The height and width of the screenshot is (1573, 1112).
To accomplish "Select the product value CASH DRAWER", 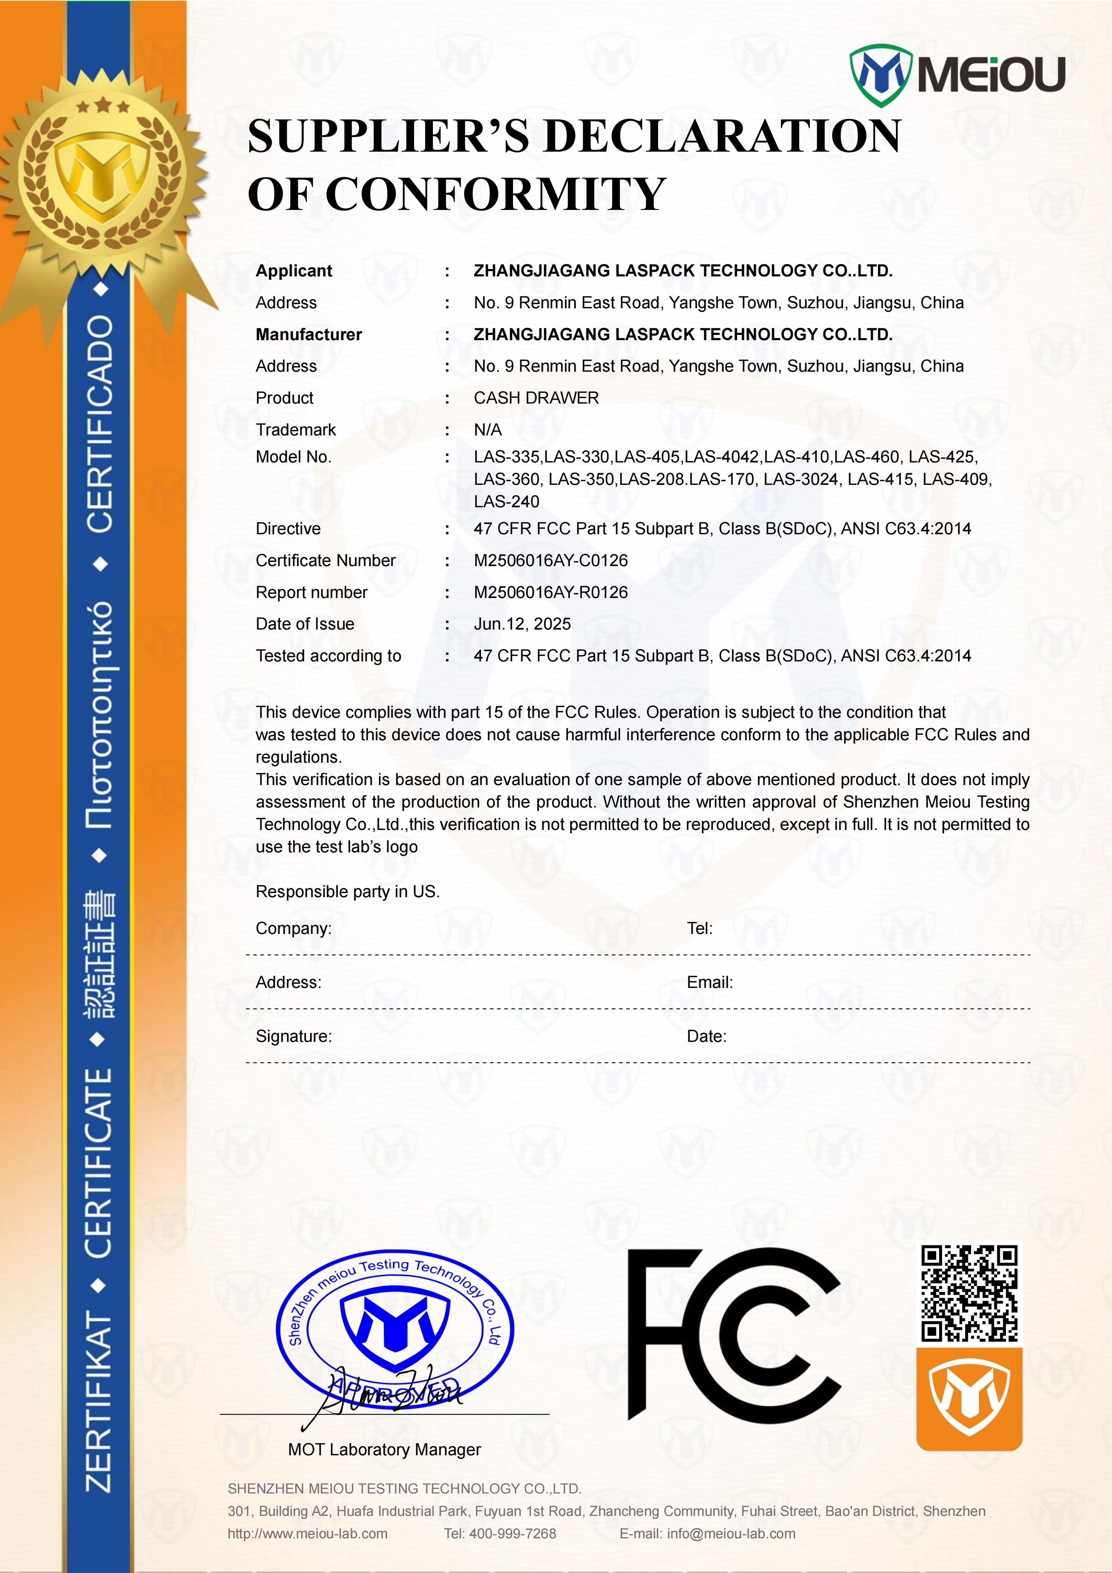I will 536,398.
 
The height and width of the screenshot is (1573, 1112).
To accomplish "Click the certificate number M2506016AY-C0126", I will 551,561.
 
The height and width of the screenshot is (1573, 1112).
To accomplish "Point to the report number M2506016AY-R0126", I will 551,593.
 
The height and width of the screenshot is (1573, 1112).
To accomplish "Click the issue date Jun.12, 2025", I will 522,624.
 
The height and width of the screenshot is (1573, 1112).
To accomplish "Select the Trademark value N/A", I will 488,430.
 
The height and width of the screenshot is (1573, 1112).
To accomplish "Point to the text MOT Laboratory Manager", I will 384,1450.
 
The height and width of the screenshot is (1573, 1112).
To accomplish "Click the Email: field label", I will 709,982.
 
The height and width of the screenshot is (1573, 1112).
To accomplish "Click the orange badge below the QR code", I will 969,1399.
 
